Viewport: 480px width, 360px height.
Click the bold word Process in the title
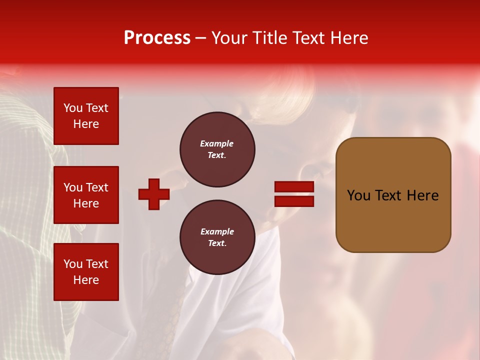tap(157, 38)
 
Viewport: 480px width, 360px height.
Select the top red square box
tap(86, 116)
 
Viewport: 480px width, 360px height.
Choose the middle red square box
tap(86, 195)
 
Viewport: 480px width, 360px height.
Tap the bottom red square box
tap(86, 272)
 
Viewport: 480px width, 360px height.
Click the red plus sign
tap(154, 194)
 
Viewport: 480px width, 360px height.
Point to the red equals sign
tap(294, 194)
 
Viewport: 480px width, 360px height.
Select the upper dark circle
tap(217, 149)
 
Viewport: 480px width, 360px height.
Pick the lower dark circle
tap(217, 237)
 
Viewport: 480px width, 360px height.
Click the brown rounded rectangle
tap(393, 195)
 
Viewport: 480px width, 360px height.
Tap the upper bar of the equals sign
tap(294, 187)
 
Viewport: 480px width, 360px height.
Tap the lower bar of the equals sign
tap(294, 201)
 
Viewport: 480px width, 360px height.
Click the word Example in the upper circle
tap(217, 143)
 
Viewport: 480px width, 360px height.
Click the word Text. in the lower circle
tap(217, 243)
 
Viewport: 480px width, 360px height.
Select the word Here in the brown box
tap(422, 195)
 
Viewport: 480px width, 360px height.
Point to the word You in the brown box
tap(358, 195)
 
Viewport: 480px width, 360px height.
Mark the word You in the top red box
tap(73, 108)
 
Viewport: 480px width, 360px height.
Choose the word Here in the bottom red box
tap(86, 280)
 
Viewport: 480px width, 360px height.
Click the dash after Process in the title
tap(201, 38)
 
